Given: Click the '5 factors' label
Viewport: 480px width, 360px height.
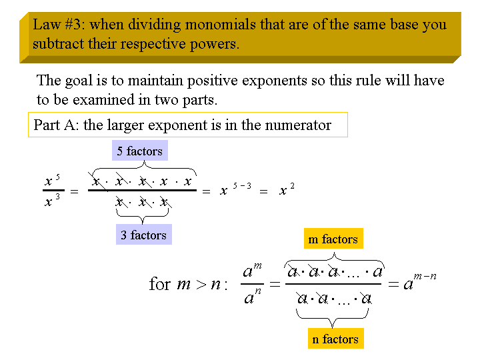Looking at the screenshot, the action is coord(140,151).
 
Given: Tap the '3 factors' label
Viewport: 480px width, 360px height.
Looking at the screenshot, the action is coord(144,235).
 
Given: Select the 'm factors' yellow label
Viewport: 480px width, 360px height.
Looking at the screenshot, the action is coord(333,239).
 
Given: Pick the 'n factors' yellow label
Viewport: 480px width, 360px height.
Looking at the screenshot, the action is coord(335,339).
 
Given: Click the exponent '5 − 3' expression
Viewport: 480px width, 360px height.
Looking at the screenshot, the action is coord(242,186).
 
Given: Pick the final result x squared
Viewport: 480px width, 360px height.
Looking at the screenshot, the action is coord(287,189).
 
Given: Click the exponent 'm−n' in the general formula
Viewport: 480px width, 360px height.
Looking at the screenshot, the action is coord(425,277).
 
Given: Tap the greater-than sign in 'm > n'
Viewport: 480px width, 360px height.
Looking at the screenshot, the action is coord(201,285).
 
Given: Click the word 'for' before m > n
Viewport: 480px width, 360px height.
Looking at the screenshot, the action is coord(160,283).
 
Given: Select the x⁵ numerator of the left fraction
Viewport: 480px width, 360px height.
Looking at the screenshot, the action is coord(52,180).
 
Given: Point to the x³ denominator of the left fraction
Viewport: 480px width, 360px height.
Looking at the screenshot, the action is coord(52,201).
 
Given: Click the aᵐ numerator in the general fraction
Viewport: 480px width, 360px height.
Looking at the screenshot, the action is coord(252,270).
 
